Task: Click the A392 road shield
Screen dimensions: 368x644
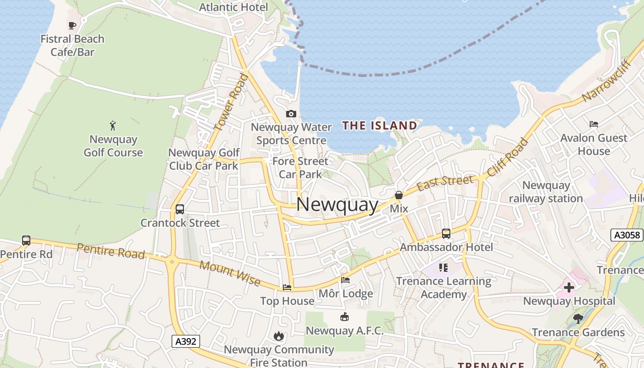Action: click(186, 341)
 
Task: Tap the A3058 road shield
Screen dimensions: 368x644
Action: click(627, 235)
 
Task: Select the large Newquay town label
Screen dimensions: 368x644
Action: click(337, 205)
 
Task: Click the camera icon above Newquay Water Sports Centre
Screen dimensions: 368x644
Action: click(291, 114)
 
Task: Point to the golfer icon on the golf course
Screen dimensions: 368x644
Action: click(113, 125)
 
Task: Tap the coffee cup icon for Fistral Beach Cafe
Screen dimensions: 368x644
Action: click(72, 25)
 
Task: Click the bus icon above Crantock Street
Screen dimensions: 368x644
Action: click(180, 209)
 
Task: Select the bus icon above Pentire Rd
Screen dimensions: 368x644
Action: click(26, 241)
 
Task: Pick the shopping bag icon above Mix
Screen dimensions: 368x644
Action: click(399, 195)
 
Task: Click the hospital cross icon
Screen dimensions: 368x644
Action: click(569, 287)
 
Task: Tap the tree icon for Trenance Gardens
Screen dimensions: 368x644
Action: click(578, 318)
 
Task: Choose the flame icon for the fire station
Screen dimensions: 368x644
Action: click(279, 336)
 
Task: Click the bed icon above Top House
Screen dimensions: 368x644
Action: click(287, 287)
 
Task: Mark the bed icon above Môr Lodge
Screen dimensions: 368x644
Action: click(345, 280)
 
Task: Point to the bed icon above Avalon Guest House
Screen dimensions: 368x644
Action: click(594, 124)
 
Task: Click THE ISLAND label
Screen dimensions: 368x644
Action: click(379, 126)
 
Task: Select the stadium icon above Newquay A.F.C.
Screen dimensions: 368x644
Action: click(344, 317)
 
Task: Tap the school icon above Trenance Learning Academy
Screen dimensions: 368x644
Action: click(443, 267)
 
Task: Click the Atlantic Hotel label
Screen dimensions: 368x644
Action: click(233, 7)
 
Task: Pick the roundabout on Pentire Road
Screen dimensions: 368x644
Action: click(172, 262)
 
